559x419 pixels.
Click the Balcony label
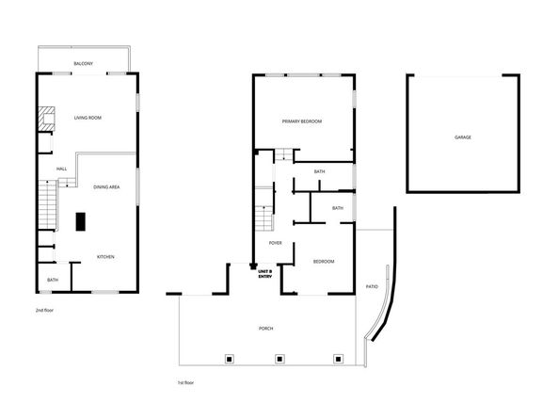tap(84, 63)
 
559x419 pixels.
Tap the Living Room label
tap(88, 118)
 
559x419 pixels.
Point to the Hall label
tap(61, 169)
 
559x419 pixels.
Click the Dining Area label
tap(106, 187)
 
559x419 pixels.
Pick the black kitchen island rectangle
tap(80, 221)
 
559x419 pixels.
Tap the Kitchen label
tap(105, 257)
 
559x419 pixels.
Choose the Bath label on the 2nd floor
tap(53, 280)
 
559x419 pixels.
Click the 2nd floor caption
tap(43, 309)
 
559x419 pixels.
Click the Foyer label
tap(276, 243)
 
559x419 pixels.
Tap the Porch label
tap(266, 328)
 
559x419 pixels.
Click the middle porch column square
tap(279, 358)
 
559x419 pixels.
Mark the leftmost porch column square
tap(227, 358)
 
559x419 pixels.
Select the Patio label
tap(372, 286)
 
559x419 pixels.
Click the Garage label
tap(462, 137)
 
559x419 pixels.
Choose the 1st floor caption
tap(186, 383)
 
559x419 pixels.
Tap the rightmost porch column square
tap(339, 358)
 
